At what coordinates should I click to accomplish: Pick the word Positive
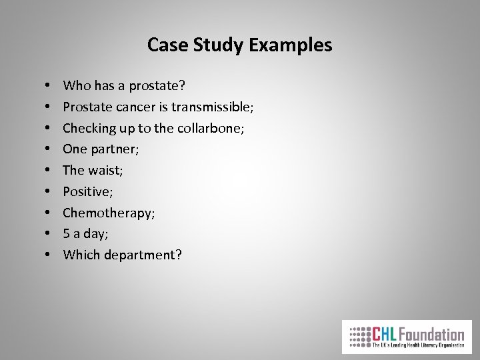pos(85,191)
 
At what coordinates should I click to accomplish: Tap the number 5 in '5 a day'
pos(67,233)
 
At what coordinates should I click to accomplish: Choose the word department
pos(139,255)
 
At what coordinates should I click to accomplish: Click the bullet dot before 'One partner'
pos(50,149)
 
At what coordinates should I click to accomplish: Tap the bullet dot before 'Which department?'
pos(50,255)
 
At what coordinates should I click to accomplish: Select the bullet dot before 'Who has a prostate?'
pos(50,85)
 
